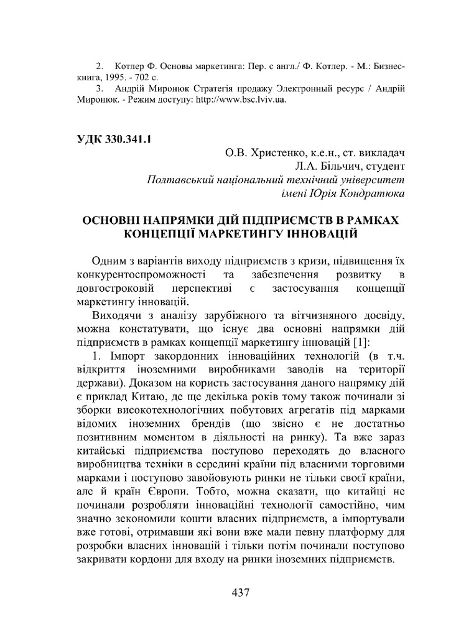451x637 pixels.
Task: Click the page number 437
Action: click(x=239, y=592)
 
